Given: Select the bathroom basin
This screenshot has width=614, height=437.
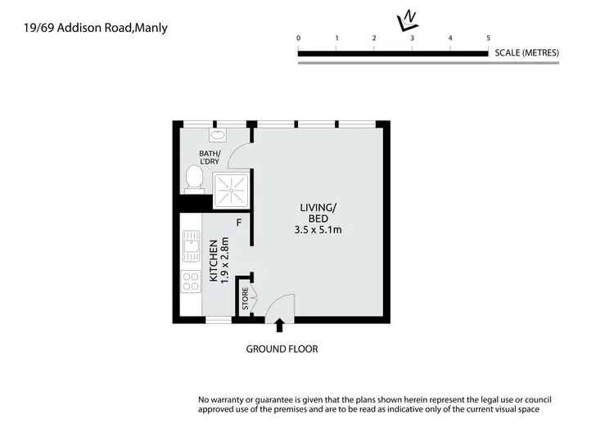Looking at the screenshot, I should point(218,137).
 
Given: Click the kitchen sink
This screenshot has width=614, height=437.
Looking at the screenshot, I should point(191,242).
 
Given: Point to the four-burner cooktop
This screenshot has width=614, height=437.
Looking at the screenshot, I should point(191,282).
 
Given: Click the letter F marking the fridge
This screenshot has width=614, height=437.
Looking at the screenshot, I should point(239,222).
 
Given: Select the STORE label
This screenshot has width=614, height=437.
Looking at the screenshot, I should point(244,300).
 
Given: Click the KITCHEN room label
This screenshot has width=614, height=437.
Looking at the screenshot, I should point(214,260).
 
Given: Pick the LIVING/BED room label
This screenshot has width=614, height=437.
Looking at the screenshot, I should point(318,214).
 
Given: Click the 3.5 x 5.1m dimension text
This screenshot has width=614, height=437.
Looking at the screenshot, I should point(318,230).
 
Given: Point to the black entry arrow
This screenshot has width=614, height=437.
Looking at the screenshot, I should point(279,326).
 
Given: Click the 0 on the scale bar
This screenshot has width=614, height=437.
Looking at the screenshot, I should point(299,38).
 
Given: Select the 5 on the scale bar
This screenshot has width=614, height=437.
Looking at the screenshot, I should point(488,38).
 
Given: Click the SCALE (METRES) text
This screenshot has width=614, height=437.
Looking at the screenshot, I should point(527,53).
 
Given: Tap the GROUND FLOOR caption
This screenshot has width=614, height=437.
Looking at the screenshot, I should point(282,349).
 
